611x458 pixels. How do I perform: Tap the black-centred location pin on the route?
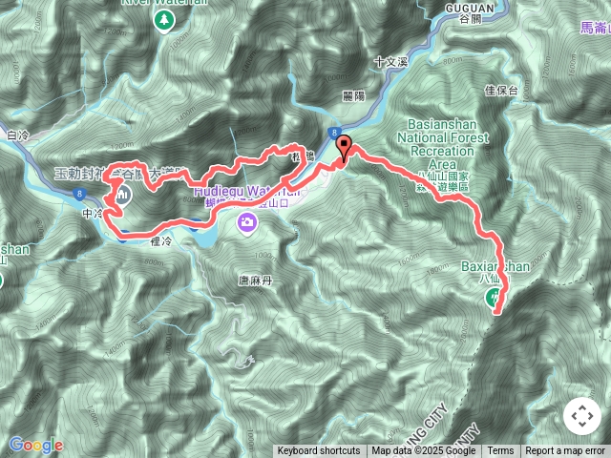pyautogui.click(x=344, y=146)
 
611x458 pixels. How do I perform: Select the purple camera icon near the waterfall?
pyautogui.click(x=247, y=222)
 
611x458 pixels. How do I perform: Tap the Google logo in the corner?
pyautogui.click(x=35, y=445)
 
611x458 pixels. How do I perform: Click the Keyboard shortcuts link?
pyautogui.click(x=319, y=451)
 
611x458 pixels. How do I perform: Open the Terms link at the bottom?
pyautogui.click(x=500, y=451)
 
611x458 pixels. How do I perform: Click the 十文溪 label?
pyautogui.click(x=391, y=60)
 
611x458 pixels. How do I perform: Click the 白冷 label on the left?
pyautogui.click(x=18, y=136)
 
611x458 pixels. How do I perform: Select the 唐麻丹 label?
pyautogui.click(x=255, y=281)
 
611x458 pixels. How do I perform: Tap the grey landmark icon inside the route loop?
pyautogui.click(x=125, y=194)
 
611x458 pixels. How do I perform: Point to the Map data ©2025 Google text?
pyautogui.click(x=424, y=451)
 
